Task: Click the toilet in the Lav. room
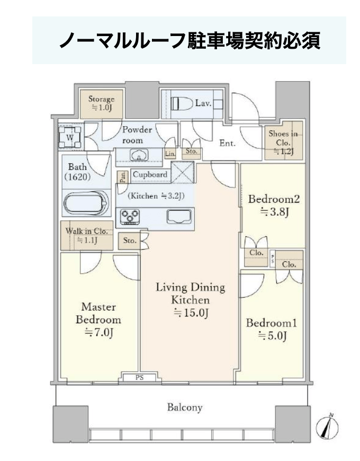pos(182,103)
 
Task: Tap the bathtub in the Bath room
pos(86,203)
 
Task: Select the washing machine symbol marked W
pos(70,137)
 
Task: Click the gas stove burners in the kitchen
pos(130,216)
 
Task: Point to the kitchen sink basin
pos(179,217)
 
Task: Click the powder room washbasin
pos(139,155)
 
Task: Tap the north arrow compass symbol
pos(327,426)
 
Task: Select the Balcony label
pos(185,407)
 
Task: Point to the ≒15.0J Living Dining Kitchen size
pos(191,313)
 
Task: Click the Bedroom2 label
pos(274,199)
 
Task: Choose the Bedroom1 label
pos(271,323)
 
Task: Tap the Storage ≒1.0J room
pos(101,104)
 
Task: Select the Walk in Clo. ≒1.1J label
pos(87,235)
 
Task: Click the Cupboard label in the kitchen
pos(150,174)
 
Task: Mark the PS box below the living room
pos(139,377)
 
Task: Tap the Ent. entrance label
pos(228,143)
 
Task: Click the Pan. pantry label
pos(123,178)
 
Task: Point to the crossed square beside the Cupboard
pos(182,173)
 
